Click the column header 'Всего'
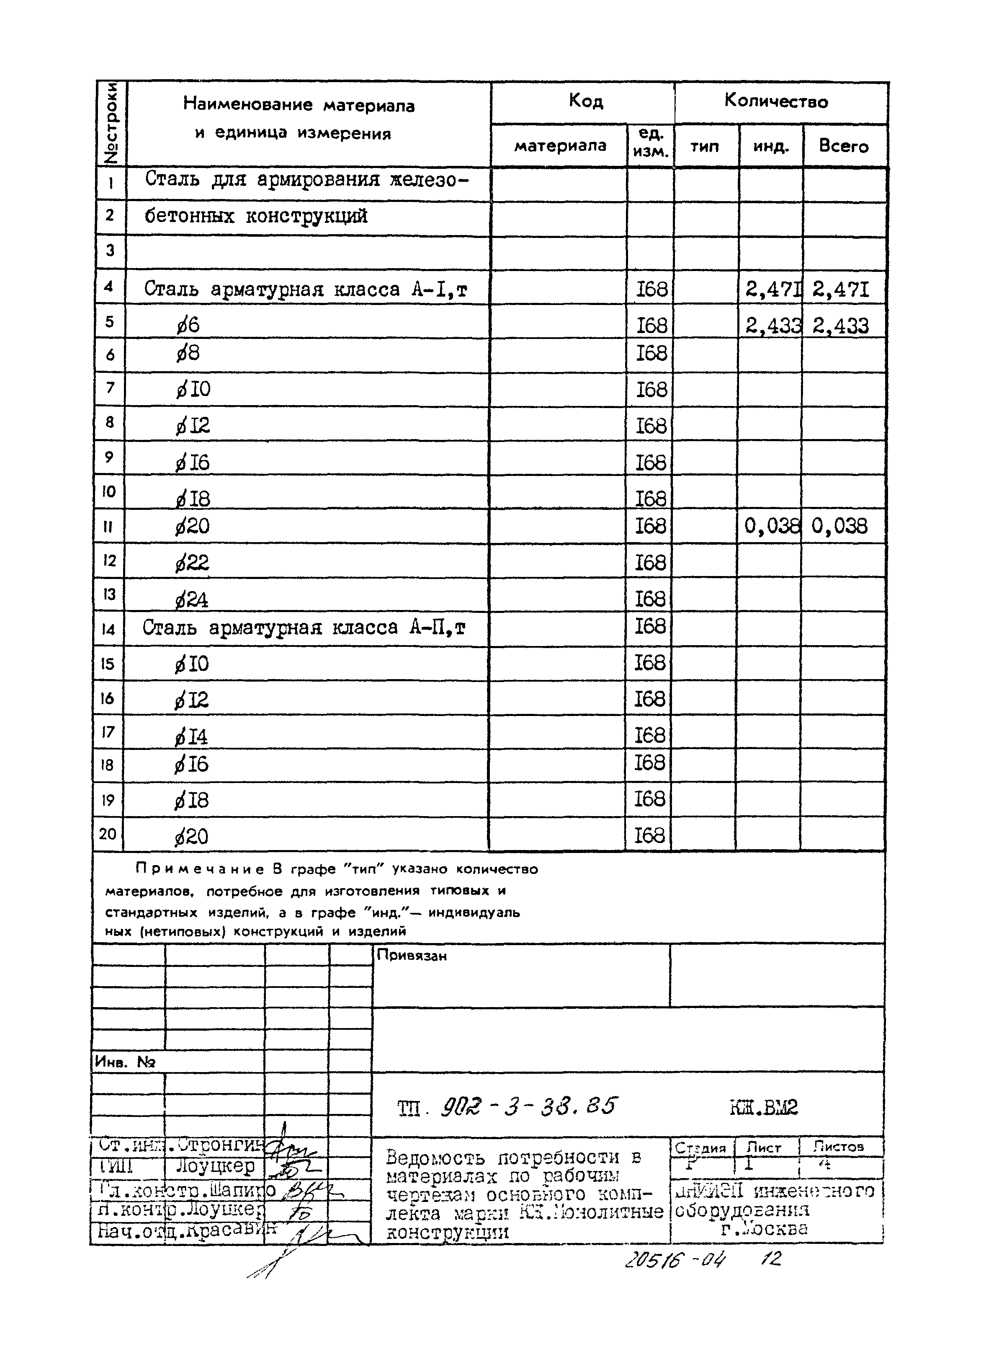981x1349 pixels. tap(843, 146)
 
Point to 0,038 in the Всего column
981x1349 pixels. tap(839, 526)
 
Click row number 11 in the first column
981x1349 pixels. tap(108, 526)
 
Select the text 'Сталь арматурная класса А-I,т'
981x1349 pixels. tap(306, 289)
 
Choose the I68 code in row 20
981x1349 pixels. tap(649, 836)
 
